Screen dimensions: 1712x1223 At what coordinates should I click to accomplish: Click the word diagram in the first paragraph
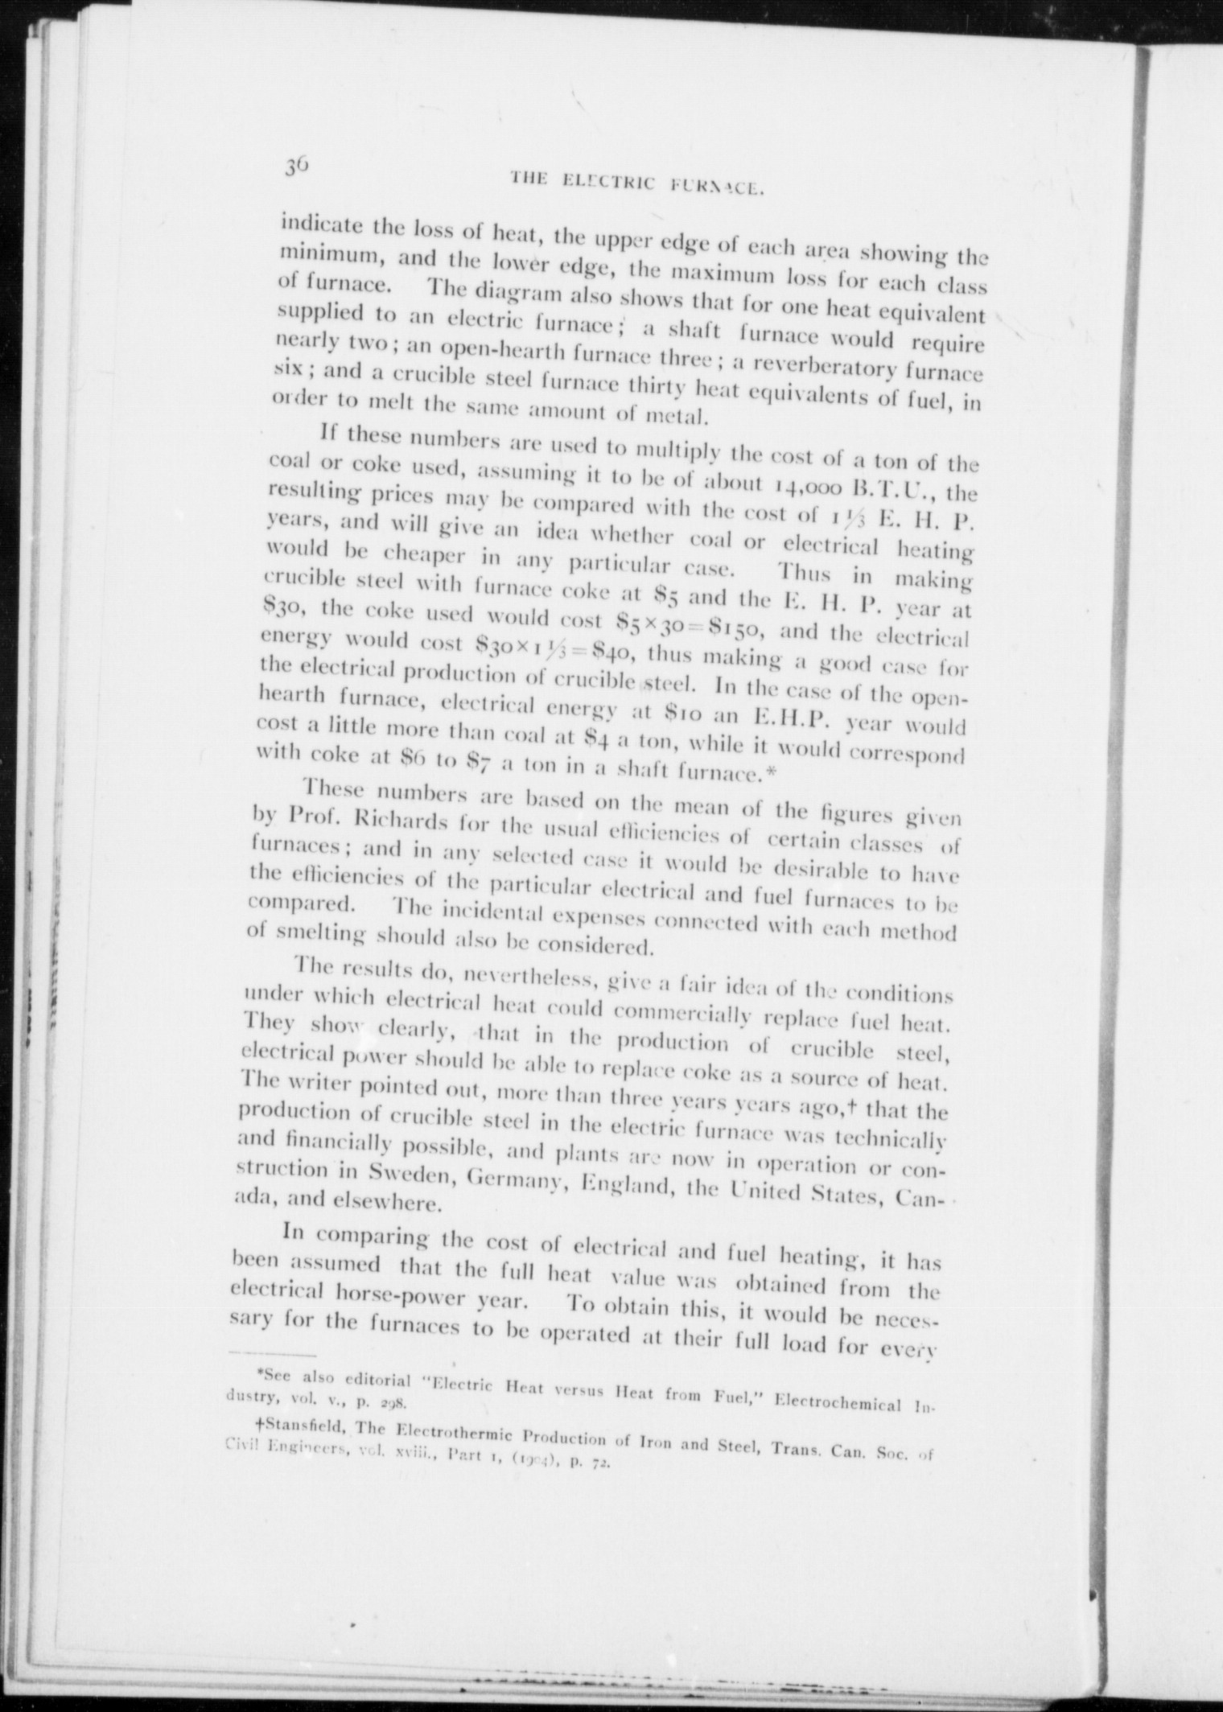499,290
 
